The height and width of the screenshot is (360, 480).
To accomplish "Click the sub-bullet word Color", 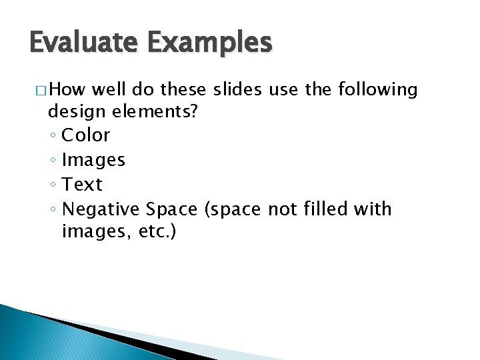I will click(85, 135).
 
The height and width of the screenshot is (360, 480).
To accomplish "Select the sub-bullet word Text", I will click(81, 185).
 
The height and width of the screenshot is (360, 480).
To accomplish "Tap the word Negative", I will click(101, 209).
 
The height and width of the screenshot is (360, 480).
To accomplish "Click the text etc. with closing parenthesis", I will click(155, 233).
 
